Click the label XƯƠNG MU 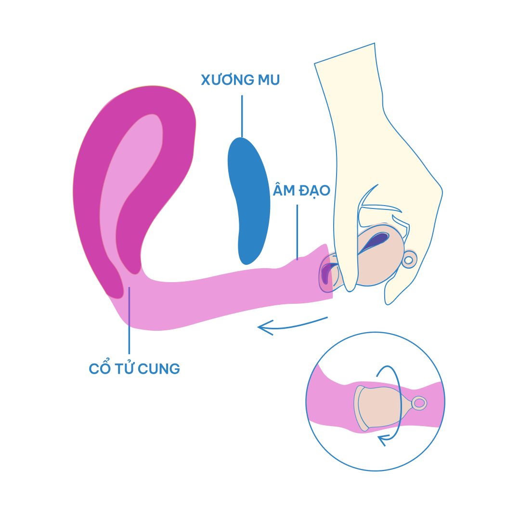coord(240,80)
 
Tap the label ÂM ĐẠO coord(301,191)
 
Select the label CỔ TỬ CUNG coord(134,369)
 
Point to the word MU coord(269,80)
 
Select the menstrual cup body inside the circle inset coord(380,407)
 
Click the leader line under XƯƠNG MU coord(242,116)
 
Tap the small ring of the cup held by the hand coord(408,260)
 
